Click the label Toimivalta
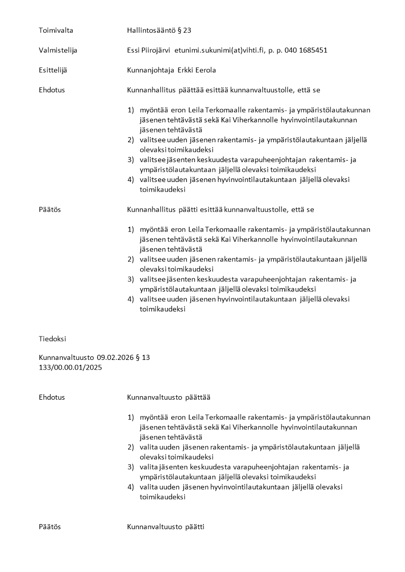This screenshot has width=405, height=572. (56, 31)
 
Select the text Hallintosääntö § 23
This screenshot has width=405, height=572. (159, 31)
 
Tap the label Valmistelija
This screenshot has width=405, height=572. (58, 50)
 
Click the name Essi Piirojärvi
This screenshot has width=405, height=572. (148, 50)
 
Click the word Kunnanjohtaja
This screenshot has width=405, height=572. (151, 70)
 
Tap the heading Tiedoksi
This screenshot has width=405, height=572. (53, 339)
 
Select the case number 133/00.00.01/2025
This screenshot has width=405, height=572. (70, 368)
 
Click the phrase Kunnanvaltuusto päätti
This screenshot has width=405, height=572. (166, 527)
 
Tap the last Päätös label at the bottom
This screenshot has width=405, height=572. (49, 527)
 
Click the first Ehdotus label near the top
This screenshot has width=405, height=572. (52, 90)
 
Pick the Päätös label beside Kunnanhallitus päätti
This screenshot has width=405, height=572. (49, 210)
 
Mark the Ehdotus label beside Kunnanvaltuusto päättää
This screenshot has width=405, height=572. (52, 397)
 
